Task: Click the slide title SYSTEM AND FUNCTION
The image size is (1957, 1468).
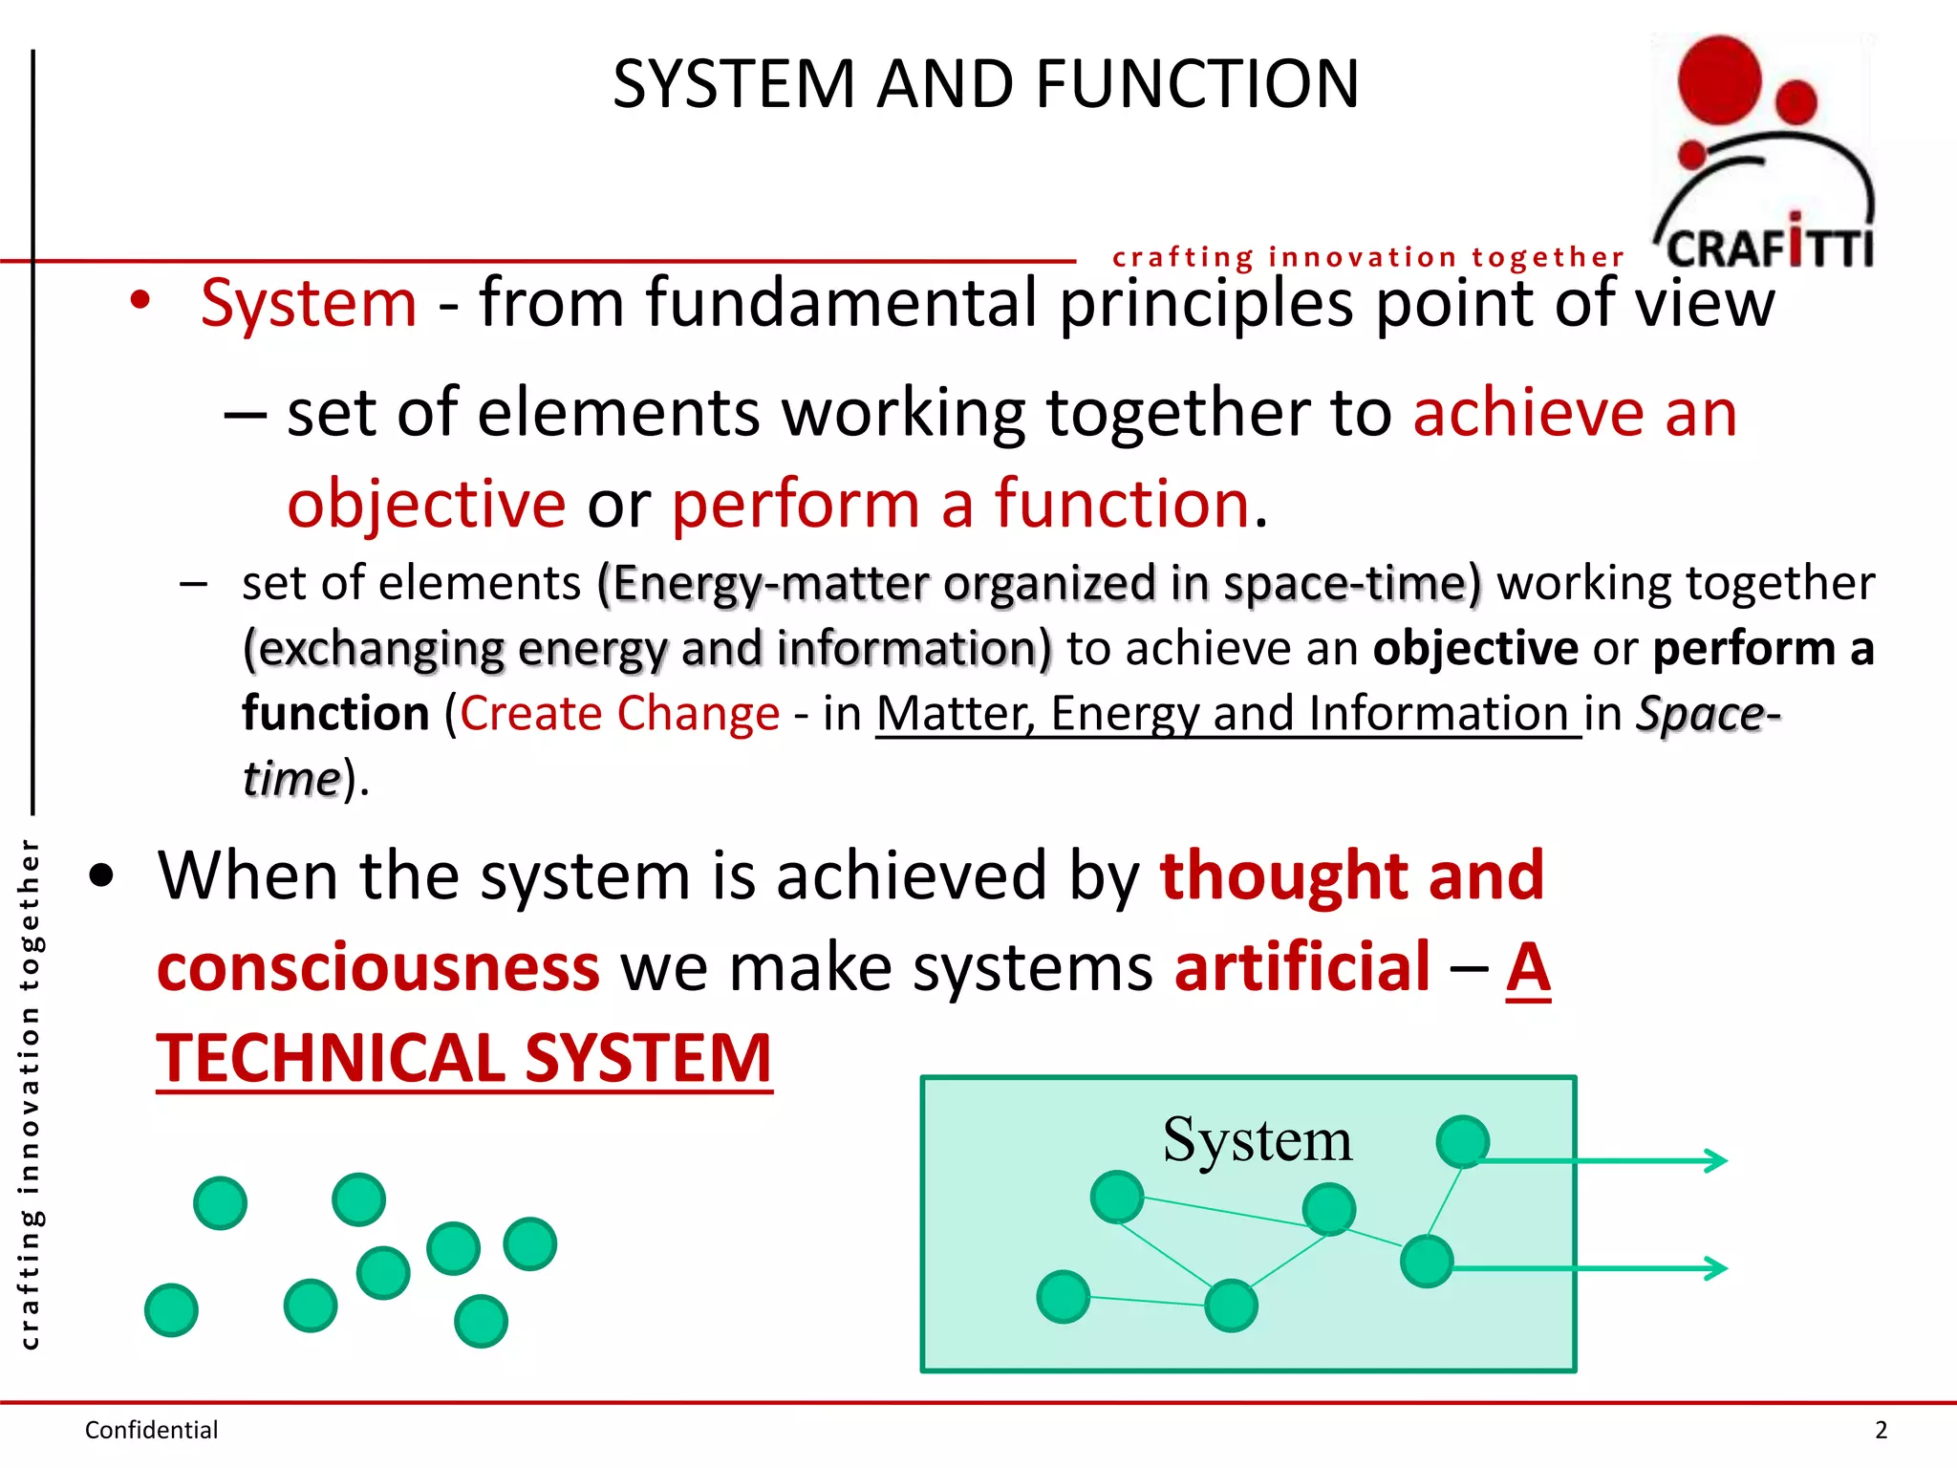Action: (x=985, y=84)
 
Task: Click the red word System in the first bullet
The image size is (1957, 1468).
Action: (x=309, y=303)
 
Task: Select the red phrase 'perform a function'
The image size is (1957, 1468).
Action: (x=960, y=504)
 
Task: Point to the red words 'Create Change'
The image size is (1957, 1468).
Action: (x=619, y=714)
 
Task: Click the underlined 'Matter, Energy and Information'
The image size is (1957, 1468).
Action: (x=1228, y=714)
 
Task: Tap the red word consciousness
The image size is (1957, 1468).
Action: (x=378, y=967)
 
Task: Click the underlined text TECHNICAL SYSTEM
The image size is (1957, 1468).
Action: (x=464, y=1059)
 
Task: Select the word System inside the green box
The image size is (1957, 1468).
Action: (x=1257, y=1139)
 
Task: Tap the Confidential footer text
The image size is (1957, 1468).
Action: (x=151, y=1430)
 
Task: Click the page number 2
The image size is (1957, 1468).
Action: (x=1881, y=1430)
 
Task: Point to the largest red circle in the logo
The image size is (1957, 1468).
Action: (x=1719, y=78)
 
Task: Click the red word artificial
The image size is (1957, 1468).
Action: (x=1302, y=967)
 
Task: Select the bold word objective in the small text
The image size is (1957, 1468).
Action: (x=1475, y=649)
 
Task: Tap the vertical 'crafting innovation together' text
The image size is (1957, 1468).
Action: (x=30, y=1093)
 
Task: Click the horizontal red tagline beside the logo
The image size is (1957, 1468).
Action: (x=1367, y=257)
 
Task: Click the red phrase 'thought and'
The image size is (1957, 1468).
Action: (x=1352, y=875)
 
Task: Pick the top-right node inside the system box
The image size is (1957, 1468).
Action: (x=1462, y=1141)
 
